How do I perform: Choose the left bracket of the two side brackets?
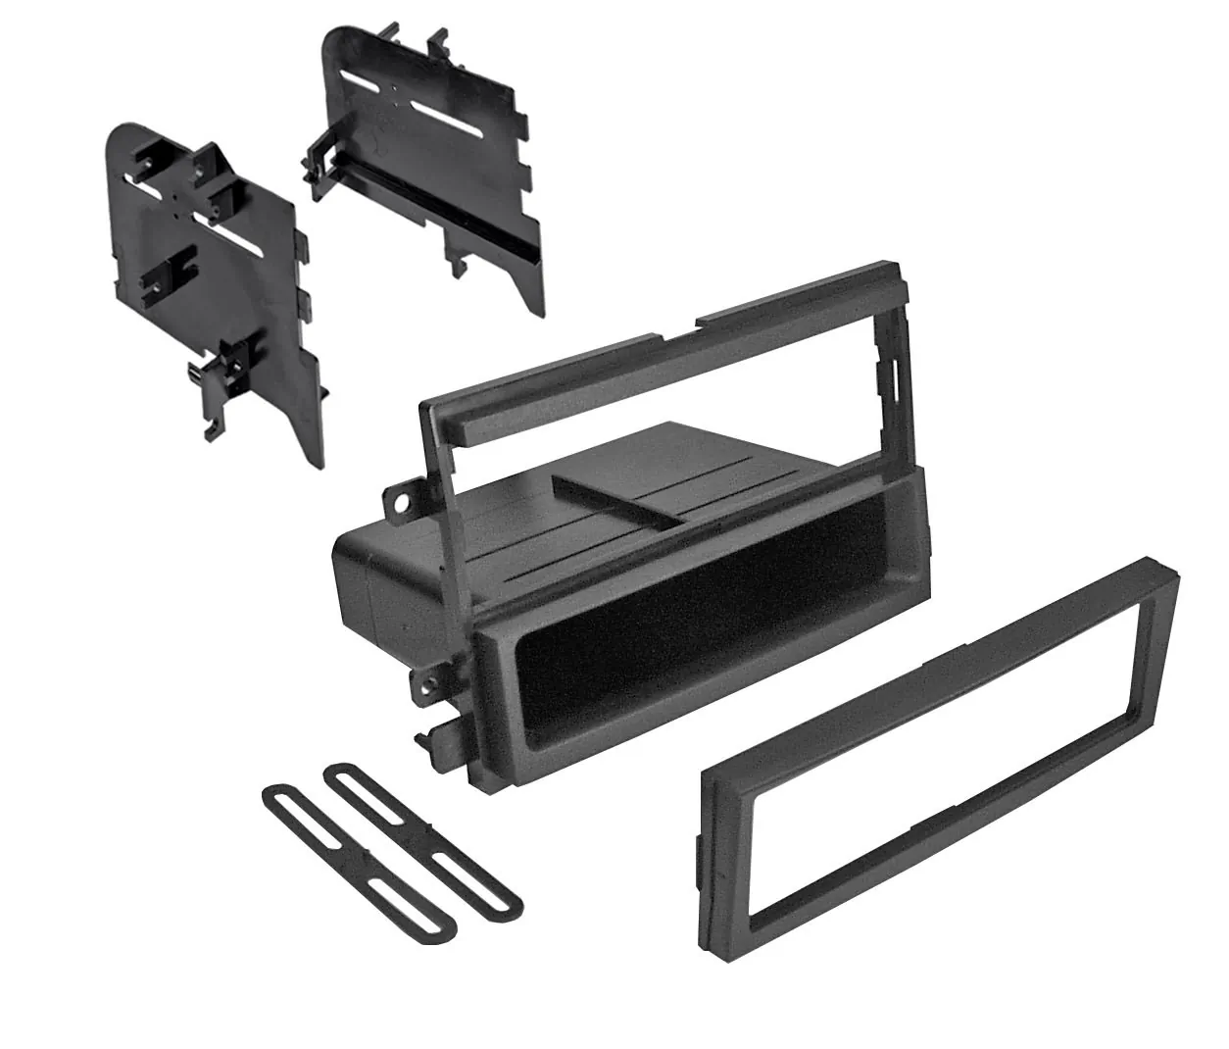pos(211,284)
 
